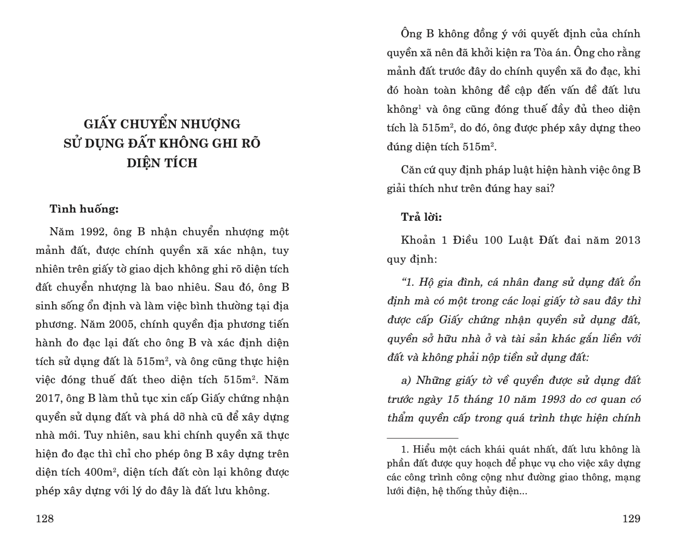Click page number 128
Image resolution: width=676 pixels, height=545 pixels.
tap(45, 519)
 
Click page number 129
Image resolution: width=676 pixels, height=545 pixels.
tap(631, 519)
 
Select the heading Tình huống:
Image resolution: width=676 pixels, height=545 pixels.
tap(84, 209)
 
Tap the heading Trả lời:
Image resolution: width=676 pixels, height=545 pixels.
tap(421, 217)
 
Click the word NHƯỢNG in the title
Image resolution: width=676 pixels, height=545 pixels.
tap(211, 124)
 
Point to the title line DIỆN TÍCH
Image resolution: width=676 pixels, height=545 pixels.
tap(162, 163)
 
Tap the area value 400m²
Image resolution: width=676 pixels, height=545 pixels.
tap(101, 472)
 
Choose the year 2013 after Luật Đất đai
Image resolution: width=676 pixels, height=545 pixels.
tap(627, 240)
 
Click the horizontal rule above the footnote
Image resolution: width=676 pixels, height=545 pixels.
tap(422, 438)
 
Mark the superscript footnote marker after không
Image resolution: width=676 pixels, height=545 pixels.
tap(419, 106)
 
